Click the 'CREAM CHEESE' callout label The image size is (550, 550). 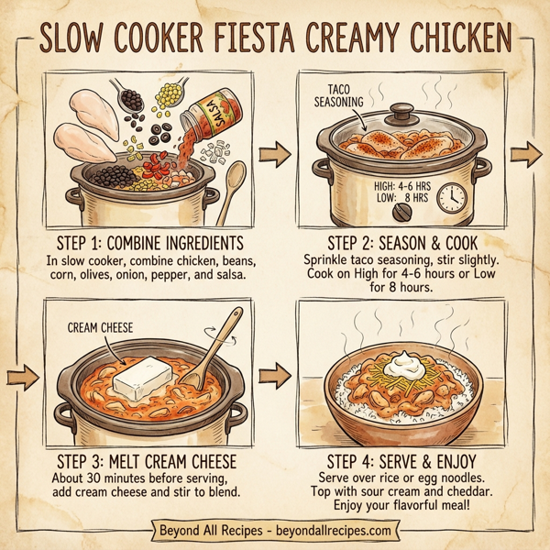pos(102,327)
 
